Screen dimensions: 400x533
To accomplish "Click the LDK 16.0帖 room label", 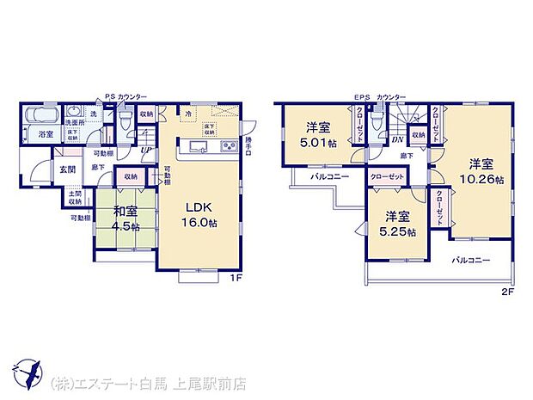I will pos(199,212).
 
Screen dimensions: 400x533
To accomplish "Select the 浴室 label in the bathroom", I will pos(45,134).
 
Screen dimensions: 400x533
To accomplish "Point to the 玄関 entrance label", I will pos(67,169).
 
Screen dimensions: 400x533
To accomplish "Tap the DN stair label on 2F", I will pos(397,138).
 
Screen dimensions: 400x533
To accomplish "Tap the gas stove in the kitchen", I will pos(228,146).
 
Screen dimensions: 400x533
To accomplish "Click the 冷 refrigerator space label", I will pos(187,112).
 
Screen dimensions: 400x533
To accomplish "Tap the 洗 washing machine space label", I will pos(94,113).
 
